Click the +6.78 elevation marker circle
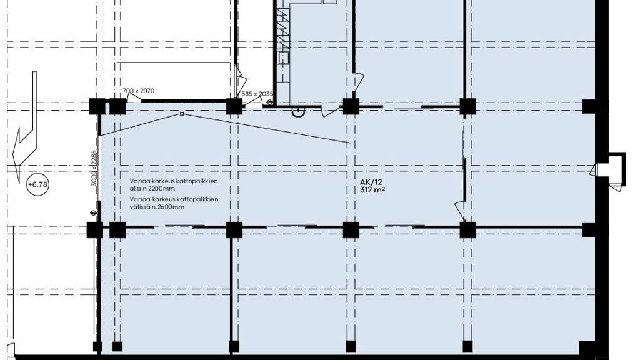(x=37, y=184)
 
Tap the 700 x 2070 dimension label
(x=138, y=91)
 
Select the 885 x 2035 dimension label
(x=257, y=94)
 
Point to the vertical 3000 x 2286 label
(x=94, y=168)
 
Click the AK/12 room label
(x=371, y=182)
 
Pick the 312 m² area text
(x=373, y=190)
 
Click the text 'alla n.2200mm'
(x=152, y=189)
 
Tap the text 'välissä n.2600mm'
(x=157, y=207)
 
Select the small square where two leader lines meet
(x=182, y=114)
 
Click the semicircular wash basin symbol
(x=298, y=112)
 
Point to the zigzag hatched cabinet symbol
(x=283, y=29)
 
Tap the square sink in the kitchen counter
(x=283, y=58)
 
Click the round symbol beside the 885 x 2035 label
(x=270, y=102)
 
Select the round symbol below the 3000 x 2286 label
(x=93, y=212)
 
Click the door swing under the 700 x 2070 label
(x=133, y=97)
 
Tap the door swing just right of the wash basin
(x=331, y=111)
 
